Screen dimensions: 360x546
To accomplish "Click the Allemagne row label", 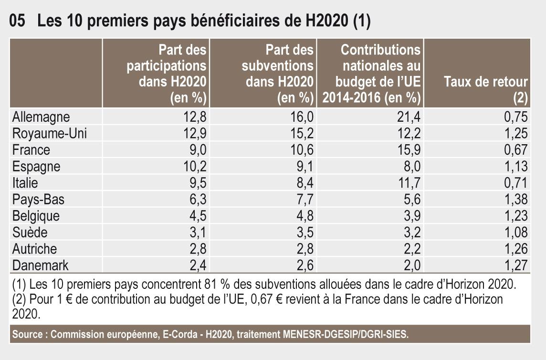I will pyautogui.click(x=41, y=117).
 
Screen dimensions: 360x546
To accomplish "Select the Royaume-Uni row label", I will pyautogui.click(x=50, y=134).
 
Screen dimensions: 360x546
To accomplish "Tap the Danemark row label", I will pyautogui.click(x=41, y=265).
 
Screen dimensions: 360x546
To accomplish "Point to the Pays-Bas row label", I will pyautogui.click(x=38, y=200).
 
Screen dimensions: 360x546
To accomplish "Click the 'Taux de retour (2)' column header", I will pyautogui.click(x=486, y=90).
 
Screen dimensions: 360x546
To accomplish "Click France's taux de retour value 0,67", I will pyautogui.click(x=515, y=150).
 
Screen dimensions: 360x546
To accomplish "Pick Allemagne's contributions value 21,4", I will pyautogui.click(x=409, y=117).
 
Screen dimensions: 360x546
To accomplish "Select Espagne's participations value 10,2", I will pyautogui.click(x=194, y=167).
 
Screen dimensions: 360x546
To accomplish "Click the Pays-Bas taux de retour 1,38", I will pyautogui.click(x=515, y=200).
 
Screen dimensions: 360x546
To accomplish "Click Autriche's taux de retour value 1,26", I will pyautogui.click(x=515, y=249).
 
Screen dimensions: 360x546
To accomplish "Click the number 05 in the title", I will pyautogui.click(x=18, y=22).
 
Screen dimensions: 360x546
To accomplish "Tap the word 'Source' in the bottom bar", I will pyautogui.click(x=27, y=335).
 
